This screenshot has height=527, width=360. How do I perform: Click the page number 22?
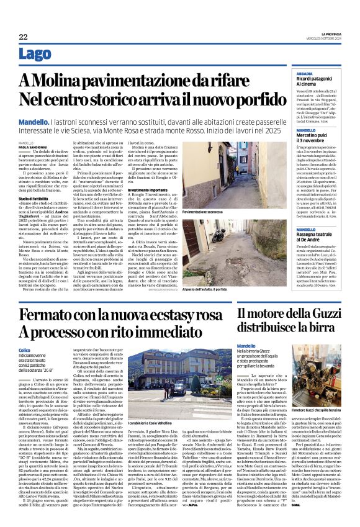[23, 37]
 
